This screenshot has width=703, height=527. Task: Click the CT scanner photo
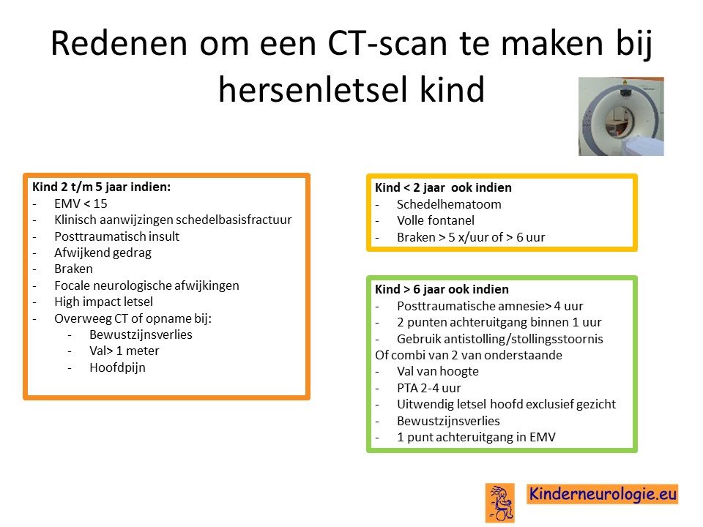coord(621,116)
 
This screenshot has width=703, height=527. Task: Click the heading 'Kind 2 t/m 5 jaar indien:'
coord(101,187)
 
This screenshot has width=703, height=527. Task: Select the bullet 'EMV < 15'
coord(81,203)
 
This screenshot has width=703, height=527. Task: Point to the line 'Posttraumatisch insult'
coord(116,236)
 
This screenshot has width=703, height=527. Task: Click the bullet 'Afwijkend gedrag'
coord(103,253)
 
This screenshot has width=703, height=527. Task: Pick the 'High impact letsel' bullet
coord(103,302)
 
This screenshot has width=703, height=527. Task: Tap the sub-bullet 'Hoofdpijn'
coord(117,367)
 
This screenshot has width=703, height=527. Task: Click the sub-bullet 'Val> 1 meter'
coord(124,351)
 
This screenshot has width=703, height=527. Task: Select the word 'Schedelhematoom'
coord(449,204)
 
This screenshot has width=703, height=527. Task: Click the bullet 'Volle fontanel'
coord(435,220)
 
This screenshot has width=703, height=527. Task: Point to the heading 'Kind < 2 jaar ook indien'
coord(443,187)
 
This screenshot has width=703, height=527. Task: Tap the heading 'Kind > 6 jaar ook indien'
coord(442,289)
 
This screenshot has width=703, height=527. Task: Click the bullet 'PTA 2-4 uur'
coord(428,388)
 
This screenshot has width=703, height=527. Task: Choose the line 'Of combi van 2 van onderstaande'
coord(469,355)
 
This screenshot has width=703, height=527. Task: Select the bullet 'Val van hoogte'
coord(438,372)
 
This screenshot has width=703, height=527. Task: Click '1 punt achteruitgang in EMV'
coord(476,437)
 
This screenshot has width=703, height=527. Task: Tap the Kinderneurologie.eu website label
coord(603,494)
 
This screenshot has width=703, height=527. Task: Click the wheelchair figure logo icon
coord(500,503)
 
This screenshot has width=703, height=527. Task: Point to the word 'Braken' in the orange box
coord(73,269)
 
